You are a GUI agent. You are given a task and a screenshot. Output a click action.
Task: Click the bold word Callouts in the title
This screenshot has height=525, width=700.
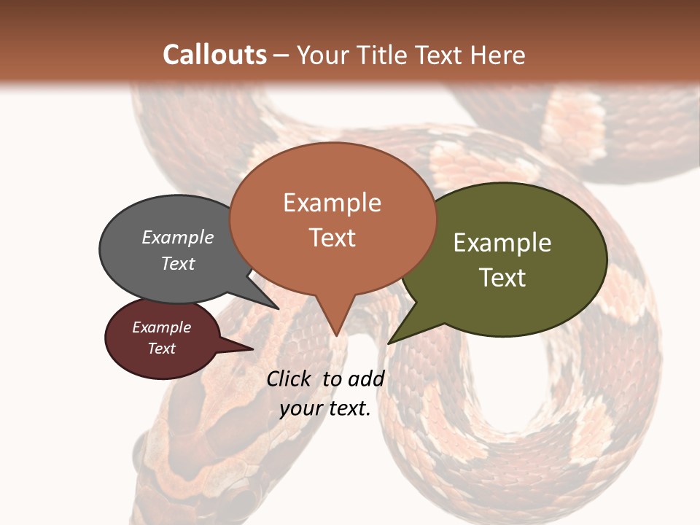[x=214, y=55]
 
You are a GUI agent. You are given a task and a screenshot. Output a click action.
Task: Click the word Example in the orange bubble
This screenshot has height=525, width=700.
[x=332, y=203]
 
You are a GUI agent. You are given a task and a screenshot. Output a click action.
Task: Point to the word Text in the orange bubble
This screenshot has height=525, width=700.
[x=332, y=238]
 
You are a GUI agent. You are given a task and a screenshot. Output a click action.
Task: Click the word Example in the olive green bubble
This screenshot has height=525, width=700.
[x=502, y=243]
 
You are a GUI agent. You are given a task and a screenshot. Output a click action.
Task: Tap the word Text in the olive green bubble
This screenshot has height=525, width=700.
[x=502, y=278]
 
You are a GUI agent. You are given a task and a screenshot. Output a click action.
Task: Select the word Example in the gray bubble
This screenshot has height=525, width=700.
[x=178, y=237]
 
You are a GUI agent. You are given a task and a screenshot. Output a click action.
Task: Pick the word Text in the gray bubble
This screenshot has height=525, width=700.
[x=178, y=263]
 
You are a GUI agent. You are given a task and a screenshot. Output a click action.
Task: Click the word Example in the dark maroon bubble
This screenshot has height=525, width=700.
[x=162, y=327]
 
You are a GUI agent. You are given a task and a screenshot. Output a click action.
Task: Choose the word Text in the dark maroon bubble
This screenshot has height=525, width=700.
[x=162, y=349]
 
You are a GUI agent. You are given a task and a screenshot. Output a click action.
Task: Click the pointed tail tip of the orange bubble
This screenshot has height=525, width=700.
[x=336, y=335]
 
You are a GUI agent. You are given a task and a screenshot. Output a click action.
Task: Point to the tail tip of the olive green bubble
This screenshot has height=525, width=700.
[x=389, y=343]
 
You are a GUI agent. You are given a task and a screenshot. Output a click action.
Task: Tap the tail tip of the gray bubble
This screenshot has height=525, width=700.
[x=278, y=308]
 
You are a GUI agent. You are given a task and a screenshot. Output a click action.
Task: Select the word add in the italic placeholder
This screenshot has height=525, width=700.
[x=366, y=378]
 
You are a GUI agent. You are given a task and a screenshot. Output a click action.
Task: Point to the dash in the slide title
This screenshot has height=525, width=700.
[x=282, y=55]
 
